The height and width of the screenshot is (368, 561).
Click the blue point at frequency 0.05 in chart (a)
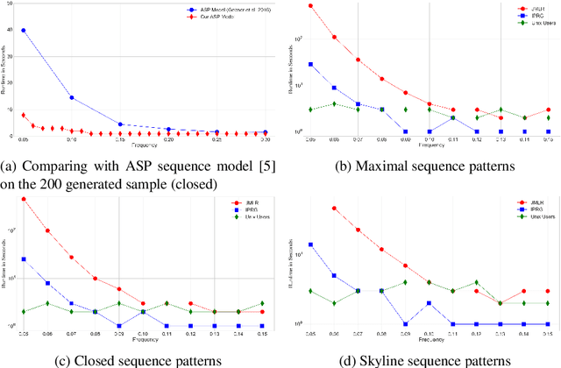coord(23,30)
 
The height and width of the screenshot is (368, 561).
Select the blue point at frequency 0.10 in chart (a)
coord(71,98)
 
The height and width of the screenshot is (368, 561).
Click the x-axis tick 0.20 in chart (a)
coord(168,140)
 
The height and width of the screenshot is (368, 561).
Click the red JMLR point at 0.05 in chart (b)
coord(310,6)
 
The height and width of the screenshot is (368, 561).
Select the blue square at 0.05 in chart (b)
coord(310,64)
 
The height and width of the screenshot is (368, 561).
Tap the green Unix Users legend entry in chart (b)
coord(530,23)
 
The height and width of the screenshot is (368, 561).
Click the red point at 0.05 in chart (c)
coord(24,199)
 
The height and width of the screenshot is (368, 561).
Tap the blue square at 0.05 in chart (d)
coord(310,244)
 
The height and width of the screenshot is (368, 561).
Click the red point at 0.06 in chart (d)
coord(334,209)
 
